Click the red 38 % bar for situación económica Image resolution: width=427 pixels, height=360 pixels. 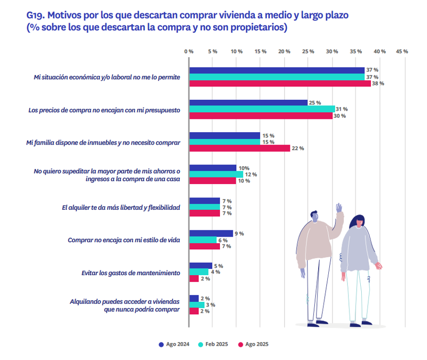tap(280, 83)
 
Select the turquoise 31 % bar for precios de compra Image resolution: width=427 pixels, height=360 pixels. tap(262, 109)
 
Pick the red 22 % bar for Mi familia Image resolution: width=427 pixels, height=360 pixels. tap(240, 148)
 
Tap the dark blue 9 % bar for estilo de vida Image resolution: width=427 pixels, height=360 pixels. tap(211, 233)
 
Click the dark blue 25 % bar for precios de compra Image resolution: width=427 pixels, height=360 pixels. tap(249, 103)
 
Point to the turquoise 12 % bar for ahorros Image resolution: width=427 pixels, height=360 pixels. tap(216, 174)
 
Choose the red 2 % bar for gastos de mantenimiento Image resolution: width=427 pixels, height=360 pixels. tap(194, 279)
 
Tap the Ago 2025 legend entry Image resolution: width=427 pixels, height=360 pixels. tap(253, 344)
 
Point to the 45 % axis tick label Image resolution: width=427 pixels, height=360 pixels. tap(402, 51)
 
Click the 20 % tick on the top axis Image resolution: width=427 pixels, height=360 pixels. tap(284, 51)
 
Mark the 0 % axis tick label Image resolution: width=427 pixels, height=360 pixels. tap(189, 51)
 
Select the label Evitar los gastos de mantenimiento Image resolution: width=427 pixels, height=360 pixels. tap(131, 273)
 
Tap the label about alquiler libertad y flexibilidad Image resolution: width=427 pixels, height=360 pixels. tap(121, 207)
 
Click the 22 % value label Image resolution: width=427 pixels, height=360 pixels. tap(298, 148)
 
